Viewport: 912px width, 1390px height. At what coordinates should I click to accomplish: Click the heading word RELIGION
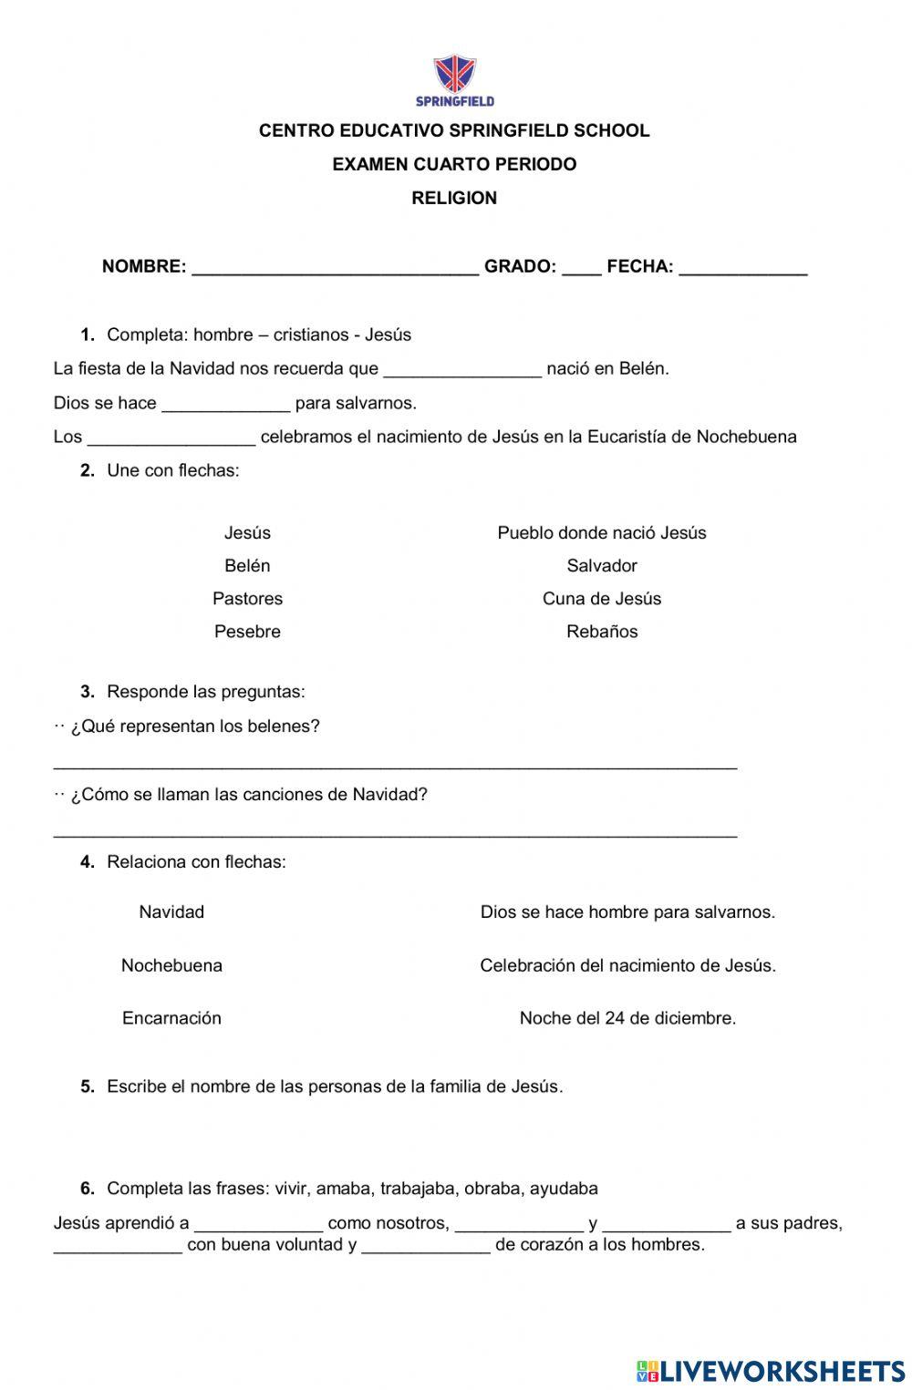(454, 198)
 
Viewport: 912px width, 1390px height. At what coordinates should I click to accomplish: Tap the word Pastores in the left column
(247, 599)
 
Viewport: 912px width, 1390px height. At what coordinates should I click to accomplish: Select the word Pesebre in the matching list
(247, 632)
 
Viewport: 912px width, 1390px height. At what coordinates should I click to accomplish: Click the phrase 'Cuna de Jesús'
(602, 599)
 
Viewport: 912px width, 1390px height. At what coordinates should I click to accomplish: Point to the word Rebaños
(602, 632)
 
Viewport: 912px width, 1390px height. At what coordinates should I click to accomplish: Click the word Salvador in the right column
(602, 566)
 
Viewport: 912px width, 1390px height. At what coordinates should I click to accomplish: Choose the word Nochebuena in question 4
(171, 965)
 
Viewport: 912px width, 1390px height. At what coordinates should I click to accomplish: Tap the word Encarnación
(171, 1018)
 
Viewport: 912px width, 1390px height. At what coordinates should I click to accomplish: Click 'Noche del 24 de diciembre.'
(627, 1018)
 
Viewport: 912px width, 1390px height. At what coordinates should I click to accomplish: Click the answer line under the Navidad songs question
(395, 833)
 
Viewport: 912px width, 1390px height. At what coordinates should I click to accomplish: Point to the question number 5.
(88, 1086)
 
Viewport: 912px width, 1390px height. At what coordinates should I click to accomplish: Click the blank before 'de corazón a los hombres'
(426, 1250)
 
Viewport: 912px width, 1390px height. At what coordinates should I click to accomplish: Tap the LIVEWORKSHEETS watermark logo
(771, 1371)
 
